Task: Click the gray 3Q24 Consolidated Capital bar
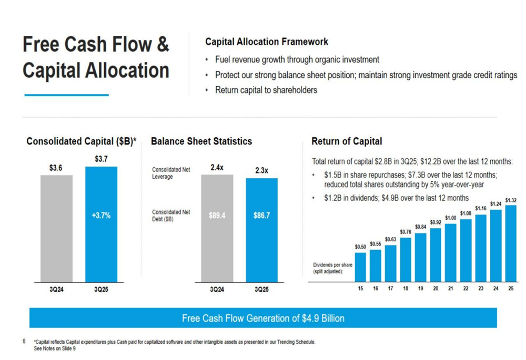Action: coord(56,229)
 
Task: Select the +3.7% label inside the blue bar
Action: coord(102,215)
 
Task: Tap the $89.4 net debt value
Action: coord(217,215)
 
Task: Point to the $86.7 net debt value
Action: coord(261,215)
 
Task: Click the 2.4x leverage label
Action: coord(217,167)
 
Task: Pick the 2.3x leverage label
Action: coord(261,170)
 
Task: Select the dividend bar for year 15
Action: coord(360,267)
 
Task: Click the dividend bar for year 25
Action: coord(511,244)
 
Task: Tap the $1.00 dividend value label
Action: coord(451,218)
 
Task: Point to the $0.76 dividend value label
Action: coord(406,232)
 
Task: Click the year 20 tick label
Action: coord(436,289)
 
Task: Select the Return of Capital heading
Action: coord(347,141)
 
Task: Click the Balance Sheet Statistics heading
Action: coord(201,141)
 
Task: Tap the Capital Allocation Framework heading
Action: coord(267,42)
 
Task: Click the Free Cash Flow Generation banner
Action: coord(263,318)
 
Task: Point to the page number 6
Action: coord(24,341)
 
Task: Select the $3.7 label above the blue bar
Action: coord(102,159)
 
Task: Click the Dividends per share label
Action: coord(333,268)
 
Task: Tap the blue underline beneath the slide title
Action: coord(66,95)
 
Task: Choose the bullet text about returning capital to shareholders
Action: coord(266,90)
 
